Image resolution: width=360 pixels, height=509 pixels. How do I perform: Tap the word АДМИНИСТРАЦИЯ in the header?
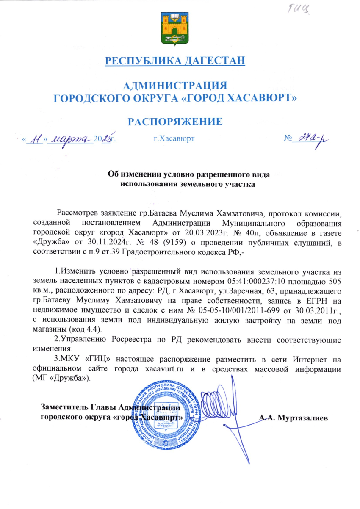pyautogui.click(x=175, y=86)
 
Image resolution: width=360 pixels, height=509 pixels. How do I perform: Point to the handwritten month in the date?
pyautogui.click(x=70, y=138)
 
